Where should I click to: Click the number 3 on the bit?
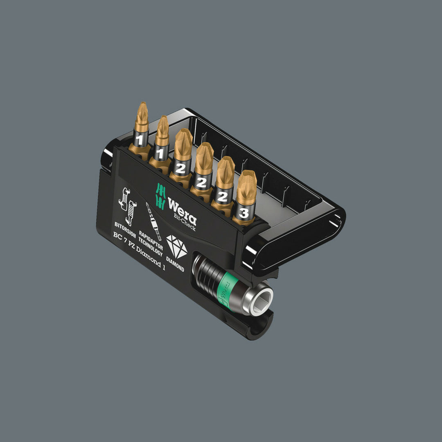tap(243, 212)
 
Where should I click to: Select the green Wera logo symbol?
tap(160, 196)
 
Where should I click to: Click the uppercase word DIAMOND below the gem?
tap(175, 264)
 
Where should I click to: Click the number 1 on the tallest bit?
tap(140, 140)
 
